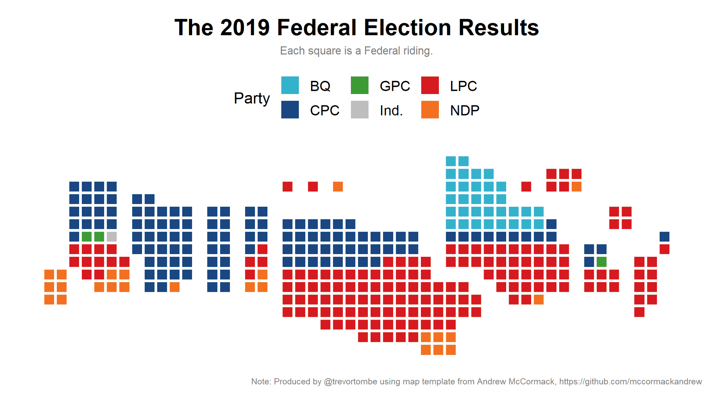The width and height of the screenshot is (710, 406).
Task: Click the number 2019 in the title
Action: (244, 28)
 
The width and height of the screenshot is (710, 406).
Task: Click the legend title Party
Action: (252, 98)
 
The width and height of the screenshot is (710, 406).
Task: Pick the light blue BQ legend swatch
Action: (290, 85)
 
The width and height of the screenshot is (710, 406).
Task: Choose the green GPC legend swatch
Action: (360, 85)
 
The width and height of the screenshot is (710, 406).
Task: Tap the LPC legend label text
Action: (463, 86)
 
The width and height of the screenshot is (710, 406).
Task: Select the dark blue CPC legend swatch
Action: (290, 110)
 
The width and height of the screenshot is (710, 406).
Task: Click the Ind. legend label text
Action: (391, 111)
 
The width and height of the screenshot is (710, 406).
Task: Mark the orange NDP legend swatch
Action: (430, 110)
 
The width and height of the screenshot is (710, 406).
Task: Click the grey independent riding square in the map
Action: (112, 237)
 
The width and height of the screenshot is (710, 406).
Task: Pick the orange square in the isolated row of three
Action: (338, 187)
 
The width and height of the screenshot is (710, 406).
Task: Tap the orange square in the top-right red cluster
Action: (577, 187)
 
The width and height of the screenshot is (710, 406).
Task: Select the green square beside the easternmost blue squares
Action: (601, 262)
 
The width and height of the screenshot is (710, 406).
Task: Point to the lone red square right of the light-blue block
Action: (526, 187)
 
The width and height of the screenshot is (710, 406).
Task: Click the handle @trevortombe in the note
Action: (350, 382)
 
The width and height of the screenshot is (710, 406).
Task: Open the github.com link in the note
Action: (630, 382)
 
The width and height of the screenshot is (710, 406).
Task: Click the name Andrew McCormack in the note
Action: (516, 382)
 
